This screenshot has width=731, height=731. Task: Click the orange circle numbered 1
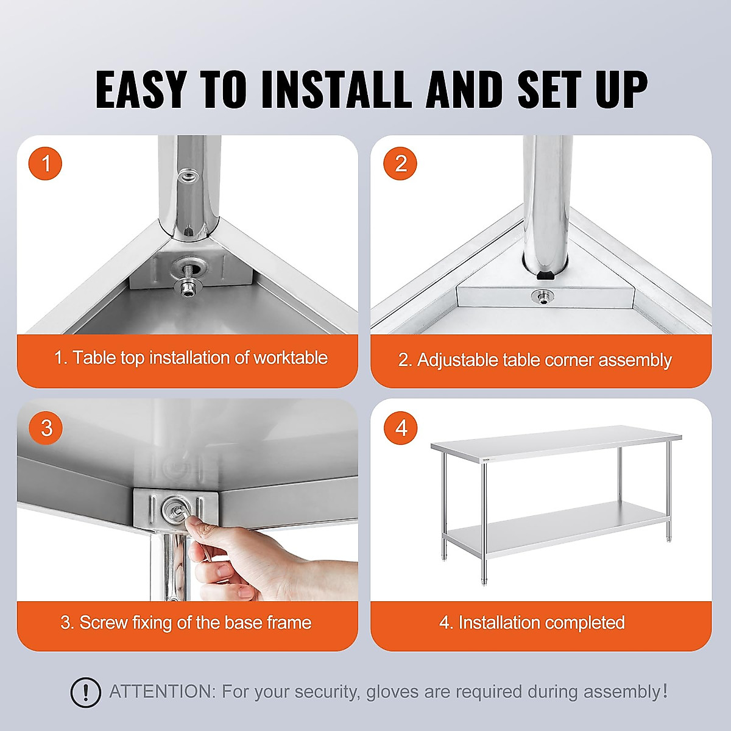45,163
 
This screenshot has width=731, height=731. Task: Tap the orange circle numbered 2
400,163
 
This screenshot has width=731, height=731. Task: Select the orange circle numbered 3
46,428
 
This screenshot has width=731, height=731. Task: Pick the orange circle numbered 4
400,428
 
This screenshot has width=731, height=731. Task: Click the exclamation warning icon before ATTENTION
86,693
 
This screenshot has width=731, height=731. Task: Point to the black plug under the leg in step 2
545,275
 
